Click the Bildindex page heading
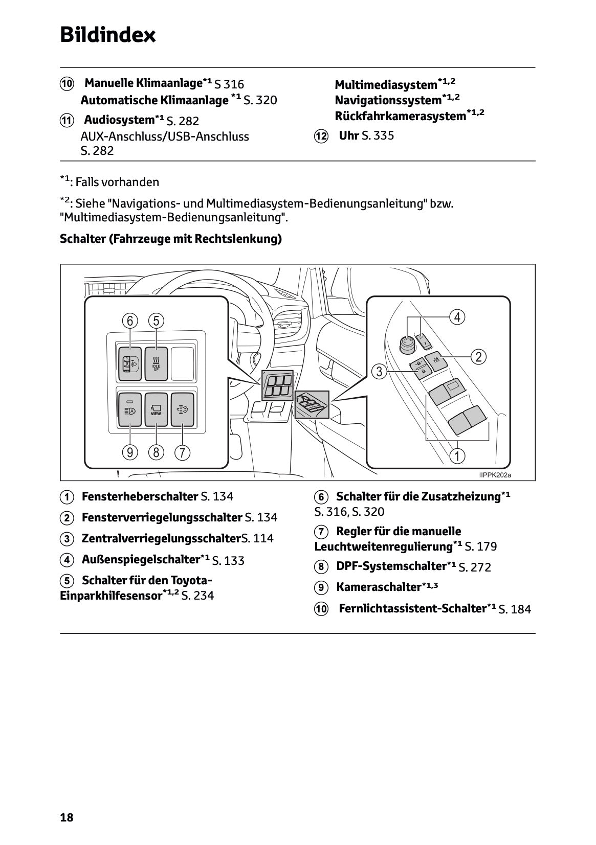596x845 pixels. click(x=108, y=35)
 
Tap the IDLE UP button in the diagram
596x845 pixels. click(x=156, y=363)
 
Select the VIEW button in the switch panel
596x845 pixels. click(x=156, y=409)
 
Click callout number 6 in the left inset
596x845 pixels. click(x=130, y=321)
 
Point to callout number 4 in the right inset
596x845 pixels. click(x=457, y=317)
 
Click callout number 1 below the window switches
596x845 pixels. click(x=457, y=455)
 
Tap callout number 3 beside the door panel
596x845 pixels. click(x=379, y=372)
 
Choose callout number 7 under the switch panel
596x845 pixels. click(x=182, y=452)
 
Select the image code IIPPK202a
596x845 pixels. click(x=495, y=475)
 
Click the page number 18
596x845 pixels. click(x=67, y=817)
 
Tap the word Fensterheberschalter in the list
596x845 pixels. click(x=140, y=496)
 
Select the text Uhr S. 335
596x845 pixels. click(x=366, y=136)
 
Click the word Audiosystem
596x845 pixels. click(x=119, y=120)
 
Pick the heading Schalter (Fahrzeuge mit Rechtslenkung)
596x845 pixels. click(x=171, y=239)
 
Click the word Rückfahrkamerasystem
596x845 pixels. click(x=401, y=116)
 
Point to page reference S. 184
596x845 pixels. click(x=515, y=609)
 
